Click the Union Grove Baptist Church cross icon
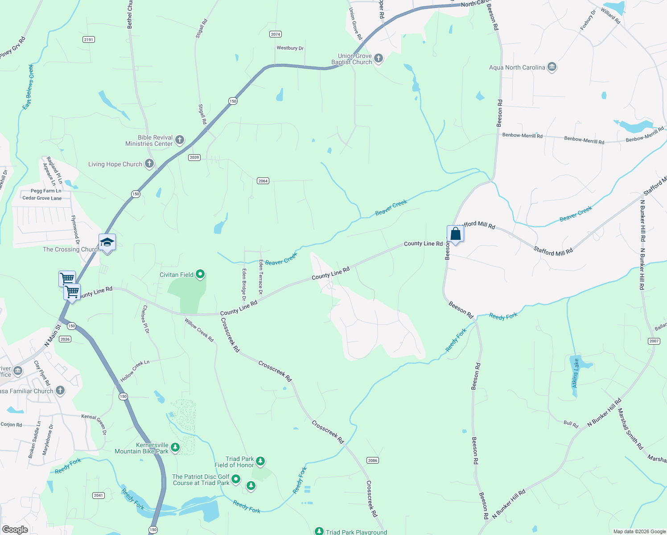pyautogui.click(x=378, y=58)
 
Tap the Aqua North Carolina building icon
pyautogui.click(x=552, y=67)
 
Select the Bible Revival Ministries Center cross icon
pyautogui.click(x=179, y=140)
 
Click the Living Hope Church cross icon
pyautogui.click(x=149, y=164)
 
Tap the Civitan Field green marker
pyautogui.click(x=200, y=274)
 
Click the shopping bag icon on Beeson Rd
pyautogui.click(x=455, y=234)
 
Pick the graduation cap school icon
pyautogui.click(x=107, y=243)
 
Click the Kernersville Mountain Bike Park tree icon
pyautogui.click(x=175, y=447)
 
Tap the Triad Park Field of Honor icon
pyautogui.click(x=260, y=461)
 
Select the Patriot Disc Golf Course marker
pyautogui.click(x=236, y=479)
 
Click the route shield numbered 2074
pyautogui.click(x=276, y=34)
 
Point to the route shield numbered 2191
pyautogui.click(x=89, y=40)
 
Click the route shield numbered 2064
pyautogui.click(x=263, y=181)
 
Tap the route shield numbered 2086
pyautogui.click(x=373, y=460)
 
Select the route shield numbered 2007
pyautogui.click(x=654, y=341)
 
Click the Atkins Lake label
pyautogui.click(x=576, y=373)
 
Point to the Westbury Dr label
pyautogui.click(x=290, y=48)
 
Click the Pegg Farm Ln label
pyautogui.click(x=46, y=191)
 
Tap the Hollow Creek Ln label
pyautogui.click(x=135, y=371)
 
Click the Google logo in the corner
pyautogui.click(x=15, y=530)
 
